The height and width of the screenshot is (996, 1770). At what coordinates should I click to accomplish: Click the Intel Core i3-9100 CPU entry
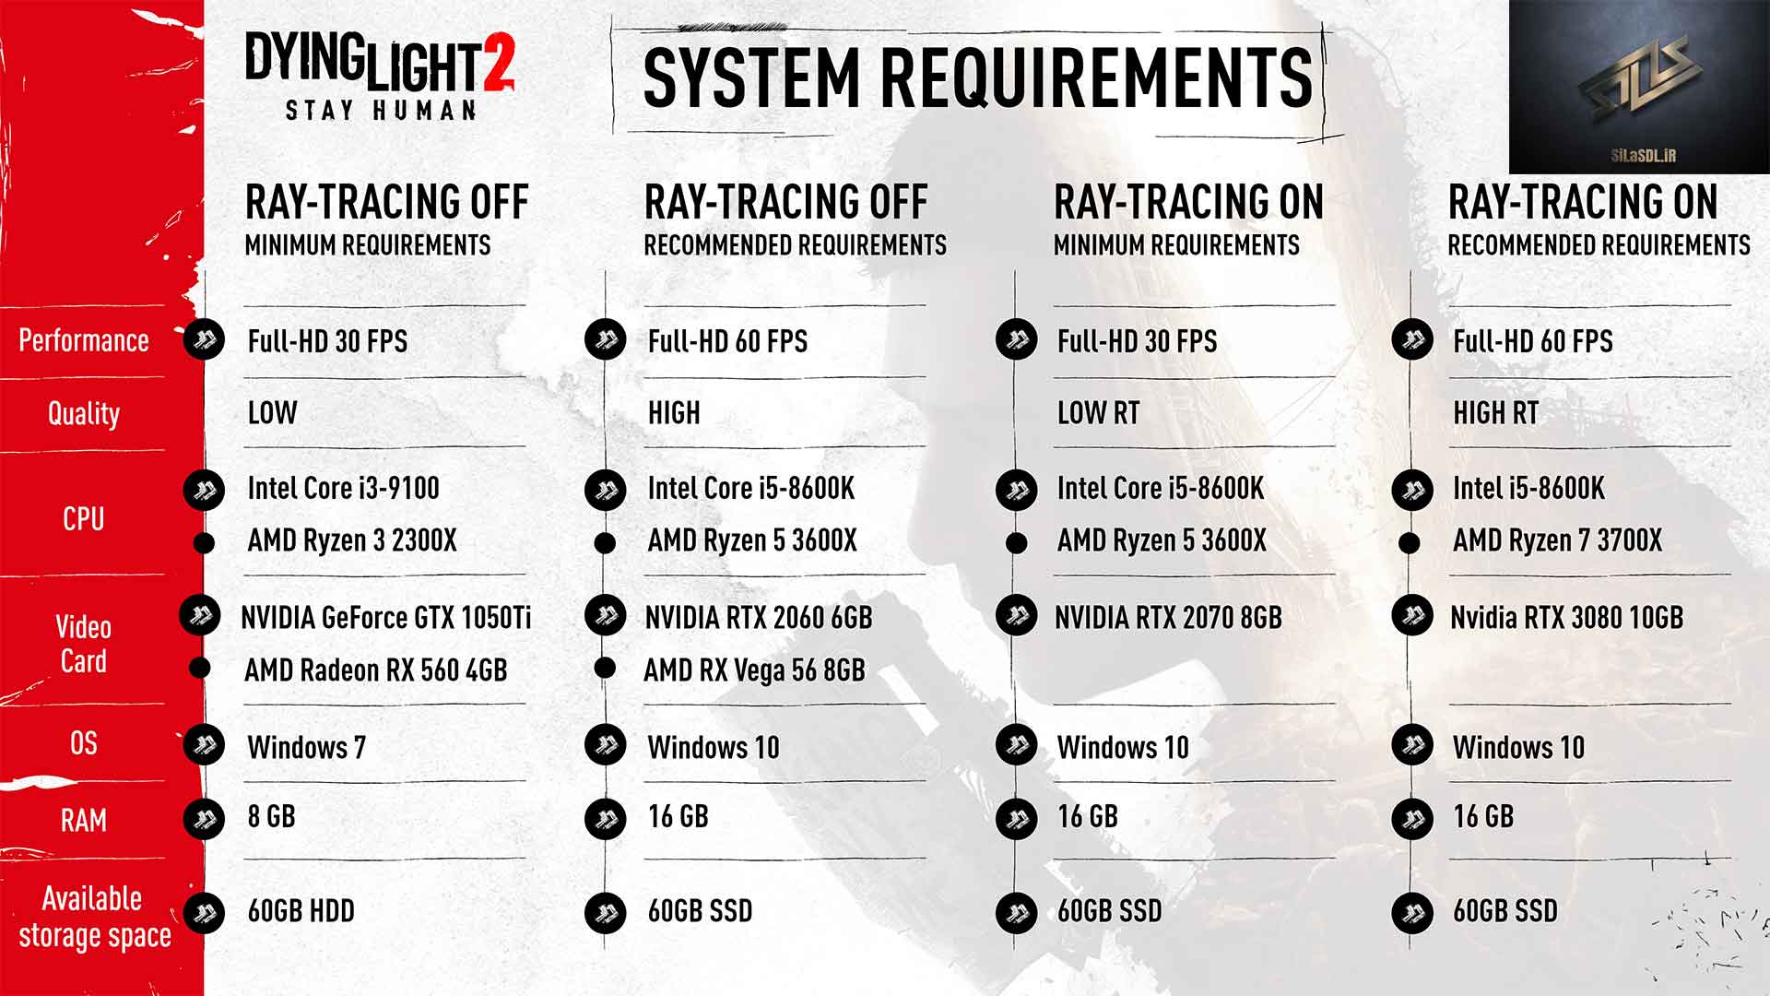point(343,488)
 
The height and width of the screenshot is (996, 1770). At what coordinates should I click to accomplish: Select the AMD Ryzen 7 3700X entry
point(1557,540)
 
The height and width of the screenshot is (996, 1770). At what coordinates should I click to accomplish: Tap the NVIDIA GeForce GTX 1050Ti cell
point(386,617)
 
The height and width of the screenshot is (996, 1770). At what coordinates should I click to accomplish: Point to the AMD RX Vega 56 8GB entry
point(754,670)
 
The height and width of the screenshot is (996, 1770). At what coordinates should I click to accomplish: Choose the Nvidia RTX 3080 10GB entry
point(1566,617)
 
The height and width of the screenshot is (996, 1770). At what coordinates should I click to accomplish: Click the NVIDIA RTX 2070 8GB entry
point(1168,617)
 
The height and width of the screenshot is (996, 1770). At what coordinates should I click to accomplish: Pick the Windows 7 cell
point(306,747)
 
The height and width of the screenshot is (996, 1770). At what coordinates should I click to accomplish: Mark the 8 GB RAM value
point(271,816)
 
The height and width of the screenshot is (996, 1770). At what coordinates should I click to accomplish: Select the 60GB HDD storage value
point(301,911)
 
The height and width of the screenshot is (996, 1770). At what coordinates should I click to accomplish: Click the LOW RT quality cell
point(1098,412)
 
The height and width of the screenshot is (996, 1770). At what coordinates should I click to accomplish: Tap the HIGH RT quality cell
point(1495,412)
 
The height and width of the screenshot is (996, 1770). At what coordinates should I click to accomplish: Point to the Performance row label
point(84,340)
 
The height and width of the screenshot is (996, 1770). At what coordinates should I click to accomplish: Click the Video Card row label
point(84,644)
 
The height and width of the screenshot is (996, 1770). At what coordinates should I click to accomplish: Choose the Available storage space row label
point(94,917)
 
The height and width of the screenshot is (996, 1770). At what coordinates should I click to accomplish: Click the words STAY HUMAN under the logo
point(381,111)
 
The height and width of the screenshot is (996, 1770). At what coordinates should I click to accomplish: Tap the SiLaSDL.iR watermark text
point(1643,156)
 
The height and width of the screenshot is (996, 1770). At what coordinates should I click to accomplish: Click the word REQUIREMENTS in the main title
point(1097,77)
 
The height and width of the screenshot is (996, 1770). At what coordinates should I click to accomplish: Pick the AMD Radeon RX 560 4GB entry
point(375,670)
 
